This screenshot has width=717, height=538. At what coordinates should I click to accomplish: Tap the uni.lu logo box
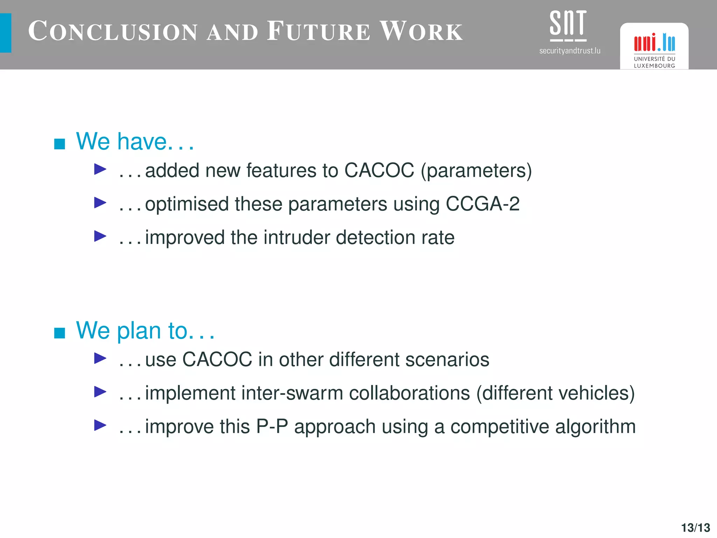coord(654,46)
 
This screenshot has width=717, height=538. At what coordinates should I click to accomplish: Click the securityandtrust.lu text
coord(570,51)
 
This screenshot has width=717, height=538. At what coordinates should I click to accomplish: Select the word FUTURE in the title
coord(318,32)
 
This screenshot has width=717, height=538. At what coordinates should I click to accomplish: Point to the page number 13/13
coord(695,527)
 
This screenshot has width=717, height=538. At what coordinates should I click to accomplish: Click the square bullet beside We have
coord(60,144)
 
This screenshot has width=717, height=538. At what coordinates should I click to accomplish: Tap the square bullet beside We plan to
coord(60,333)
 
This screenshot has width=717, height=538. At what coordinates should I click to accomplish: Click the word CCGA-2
coord(482,204)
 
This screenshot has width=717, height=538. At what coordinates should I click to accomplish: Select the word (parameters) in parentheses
coord(476,171)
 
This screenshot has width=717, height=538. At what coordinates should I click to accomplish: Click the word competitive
coord(500,427)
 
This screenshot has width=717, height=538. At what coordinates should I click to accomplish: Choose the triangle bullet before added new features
coord(100,170)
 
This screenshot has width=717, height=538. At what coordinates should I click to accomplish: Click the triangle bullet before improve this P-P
coord(100,425)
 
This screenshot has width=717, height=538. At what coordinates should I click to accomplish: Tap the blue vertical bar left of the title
coord(6,33)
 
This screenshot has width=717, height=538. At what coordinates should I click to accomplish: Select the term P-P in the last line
coord(272,427)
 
